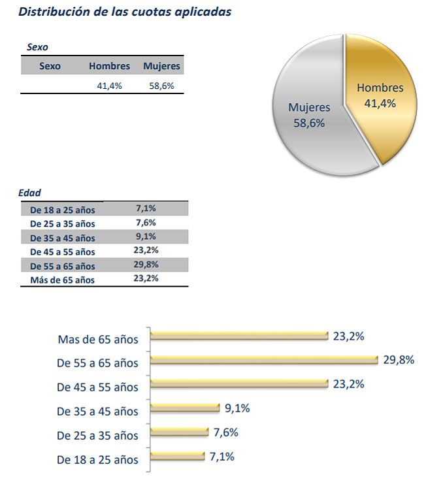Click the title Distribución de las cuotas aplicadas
point(125,12)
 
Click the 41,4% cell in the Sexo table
point(109,85)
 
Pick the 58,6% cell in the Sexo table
point(161,85)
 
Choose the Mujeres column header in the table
point(161,66)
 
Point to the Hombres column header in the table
point(109,66)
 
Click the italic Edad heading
point(31,193)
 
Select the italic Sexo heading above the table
point(37,47)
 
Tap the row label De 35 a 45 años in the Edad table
point(62,238)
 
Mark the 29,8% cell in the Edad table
point(146,264)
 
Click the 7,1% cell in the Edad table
point(146,208)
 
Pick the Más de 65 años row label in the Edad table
point(62,280)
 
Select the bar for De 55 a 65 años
point(264,360)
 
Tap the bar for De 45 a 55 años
point(238,384)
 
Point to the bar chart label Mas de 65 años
point(98,339)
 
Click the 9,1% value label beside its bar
point(237,408)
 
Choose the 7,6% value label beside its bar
point(225,433)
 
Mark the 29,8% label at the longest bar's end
point(399,360)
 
